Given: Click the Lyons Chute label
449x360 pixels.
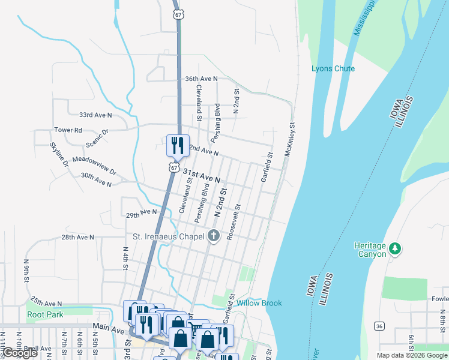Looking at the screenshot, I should (333, 68).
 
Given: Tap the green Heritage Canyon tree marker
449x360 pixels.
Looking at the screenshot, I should (394, 248).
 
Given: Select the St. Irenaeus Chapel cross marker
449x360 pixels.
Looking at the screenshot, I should (213, 236).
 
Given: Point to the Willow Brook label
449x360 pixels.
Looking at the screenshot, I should (259, 303).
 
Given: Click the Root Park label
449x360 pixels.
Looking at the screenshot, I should (45, 314).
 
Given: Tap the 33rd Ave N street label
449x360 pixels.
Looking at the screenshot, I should (95, 115).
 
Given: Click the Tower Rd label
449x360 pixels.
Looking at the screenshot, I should (68, 130).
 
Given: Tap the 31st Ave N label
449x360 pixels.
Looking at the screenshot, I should (202, 175).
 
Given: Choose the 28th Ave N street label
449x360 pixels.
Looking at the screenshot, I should (77, 237).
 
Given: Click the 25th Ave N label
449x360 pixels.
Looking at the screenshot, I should (46, 302).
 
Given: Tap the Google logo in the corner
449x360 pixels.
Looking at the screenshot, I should (20, 353).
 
